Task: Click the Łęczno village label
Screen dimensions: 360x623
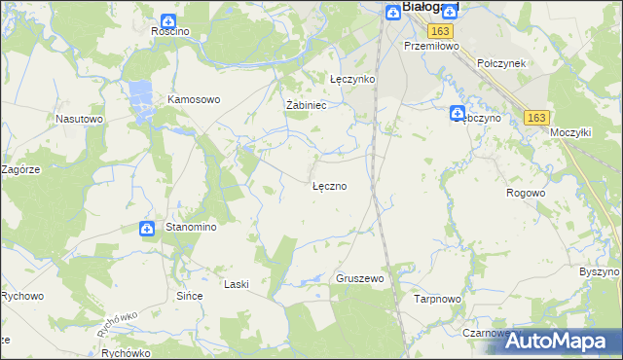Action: coord(329,185)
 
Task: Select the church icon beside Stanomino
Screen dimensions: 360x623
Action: coord(147,229)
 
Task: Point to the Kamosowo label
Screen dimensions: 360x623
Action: coord(195,99)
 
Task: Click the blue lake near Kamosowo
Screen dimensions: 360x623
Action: coord(139,98)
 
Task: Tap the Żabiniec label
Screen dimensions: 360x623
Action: coord(305,105)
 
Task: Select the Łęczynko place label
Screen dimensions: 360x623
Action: coord(352,80)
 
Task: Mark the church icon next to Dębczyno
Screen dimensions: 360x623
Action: coord(457,114)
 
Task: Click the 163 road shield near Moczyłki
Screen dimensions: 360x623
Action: coord(535,117)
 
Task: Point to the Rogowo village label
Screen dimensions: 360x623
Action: coord(526,193)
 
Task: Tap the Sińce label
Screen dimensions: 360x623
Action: coord(188,295)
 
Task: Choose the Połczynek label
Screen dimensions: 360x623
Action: coord(501,62)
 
